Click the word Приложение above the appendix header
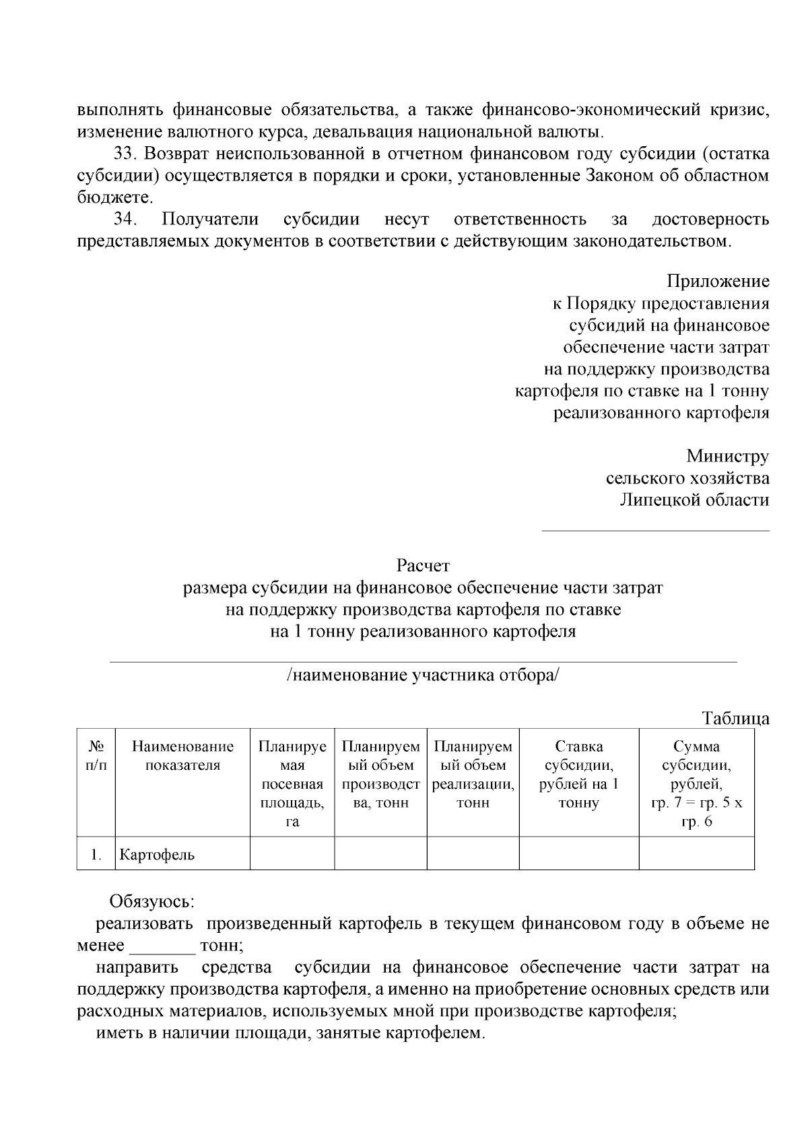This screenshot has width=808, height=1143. point(718,281)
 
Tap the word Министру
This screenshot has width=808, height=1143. point(727,456)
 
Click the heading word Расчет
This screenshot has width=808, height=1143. point(423,565)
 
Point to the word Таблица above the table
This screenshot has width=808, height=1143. point(735,718)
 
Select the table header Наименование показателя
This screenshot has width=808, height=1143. point(182,756)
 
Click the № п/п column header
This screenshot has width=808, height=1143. point(96,756)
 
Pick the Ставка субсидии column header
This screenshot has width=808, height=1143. point(578,775)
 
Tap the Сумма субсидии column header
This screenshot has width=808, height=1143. point(696,783)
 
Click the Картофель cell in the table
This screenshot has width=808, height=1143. point(157,855)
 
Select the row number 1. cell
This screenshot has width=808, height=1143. point(96,855)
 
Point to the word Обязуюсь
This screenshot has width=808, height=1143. point(152,901)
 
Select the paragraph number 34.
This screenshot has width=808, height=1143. point(126,220)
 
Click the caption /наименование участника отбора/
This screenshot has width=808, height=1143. point(423,676)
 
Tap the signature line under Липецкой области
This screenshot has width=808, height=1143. point(655,530)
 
